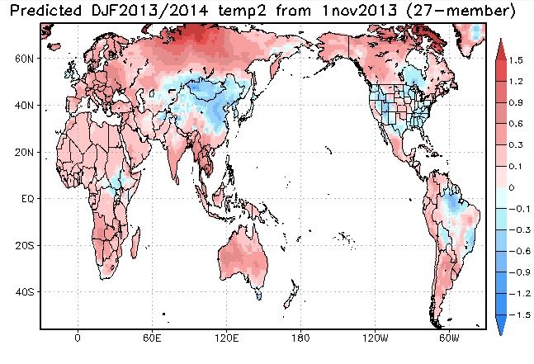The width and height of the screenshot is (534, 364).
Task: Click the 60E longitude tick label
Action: pos(152,338)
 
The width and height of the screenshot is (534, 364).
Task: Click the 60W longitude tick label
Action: pos(449,338)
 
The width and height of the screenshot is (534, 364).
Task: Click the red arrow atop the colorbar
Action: pos(501,46)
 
